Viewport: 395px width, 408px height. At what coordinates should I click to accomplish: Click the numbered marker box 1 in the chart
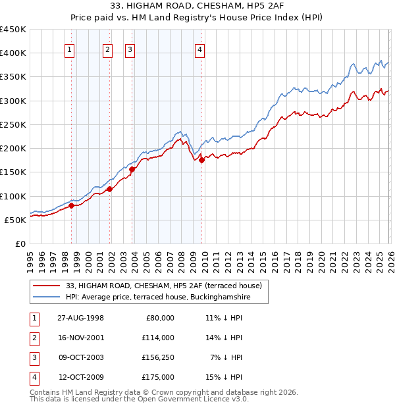click(x=70, y=48)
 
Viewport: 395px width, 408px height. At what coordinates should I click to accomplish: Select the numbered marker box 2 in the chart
click(x=108, y=48)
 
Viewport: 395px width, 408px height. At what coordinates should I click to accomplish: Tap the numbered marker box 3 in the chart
click(x=130, y=48)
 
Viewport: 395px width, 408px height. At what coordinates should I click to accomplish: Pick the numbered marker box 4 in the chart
click(x=199, y=48)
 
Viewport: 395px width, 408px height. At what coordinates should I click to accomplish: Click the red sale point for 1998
click(x=72, y=205)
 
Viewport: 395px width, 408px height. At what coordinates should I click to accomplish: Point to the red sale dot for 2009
click(x=201, y=160)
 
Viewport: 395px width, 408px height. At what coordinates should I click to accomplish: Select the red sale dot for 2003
click(x=132, y=169)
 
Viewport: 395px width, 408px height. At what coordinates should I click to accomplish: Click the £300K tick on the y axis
click(x=13, y=101)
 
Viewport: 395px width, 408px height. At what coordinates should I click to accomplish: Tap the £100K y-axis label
click(x=13, y=196)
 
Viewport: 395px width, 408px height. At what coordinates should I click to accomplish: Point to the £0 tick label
click(x=20, y=243)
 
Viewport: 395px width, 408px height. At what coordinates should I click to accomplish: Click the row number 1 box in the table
click(x=34, y=318)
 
